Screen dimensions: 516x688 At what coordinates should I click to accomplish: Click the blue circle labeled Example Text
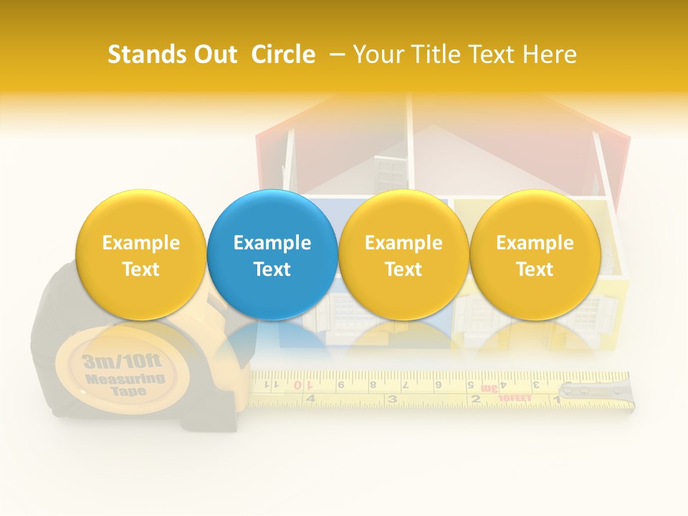[272, 254]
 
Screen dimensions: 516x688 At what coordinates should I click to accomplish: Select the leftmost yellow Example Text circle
[140, 254]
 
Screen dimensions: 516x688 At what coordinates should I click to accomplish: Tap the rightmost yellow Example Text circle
[535, 254]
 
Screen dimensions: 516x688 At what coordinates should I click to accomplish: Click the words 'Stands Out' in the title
[172, 54]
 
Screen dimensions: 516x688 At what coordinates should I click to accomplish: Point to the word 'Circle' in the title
[283, 54]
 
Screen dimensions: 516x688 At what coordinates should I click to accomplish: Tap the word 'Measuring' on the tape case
[125, 378]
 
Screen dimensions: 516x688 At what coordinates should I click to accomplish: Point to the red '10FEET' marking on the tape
[515, 398]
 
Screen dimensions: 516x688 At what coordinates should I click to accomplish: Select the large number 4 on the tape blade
[310, 398]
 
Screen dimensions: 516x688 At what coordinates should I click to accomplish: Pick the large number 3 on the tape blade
[392, 398]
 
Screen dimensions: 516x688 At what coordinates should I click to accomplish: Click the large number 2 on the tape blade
[474, 398]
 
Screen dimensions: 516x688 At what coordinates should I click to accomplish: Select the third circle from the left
[403, 254]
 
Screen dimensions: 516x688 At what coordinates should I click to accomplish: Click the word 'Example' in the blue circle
[272, 243]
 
